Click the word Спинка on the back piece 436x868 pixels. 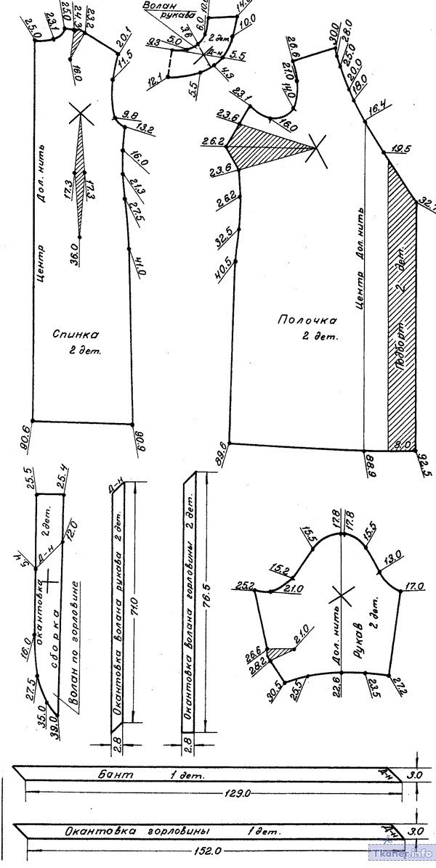(76, 335)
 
